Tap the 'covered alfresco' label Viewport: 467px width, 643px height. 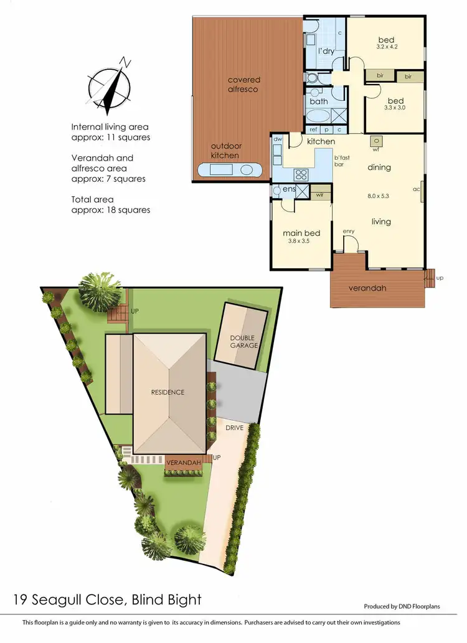[243, 85]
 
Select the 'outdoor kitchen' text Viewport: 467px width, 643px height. [225, 151]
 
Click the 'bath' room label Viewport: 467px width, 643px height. [318, 101]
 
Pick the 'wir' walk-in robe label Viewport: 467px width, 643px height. [319, 195]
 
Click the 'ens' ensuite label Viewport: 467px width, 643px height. [288, 189]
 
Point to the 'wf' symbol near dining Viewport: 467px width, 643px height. [376, 149]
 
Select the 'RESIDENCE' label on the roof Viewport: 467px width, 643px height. [167, 392]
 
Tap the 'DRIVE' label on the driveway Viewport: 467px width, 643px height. [233, 428]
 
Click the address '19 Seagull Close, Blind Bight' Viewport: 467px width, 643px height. [107, 600]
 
